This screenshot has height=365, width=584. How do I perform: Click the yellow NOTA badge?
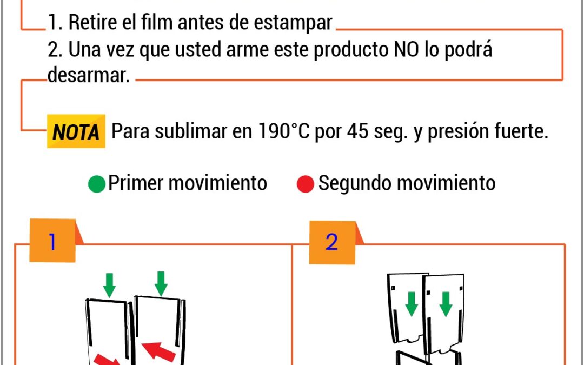point(76,131)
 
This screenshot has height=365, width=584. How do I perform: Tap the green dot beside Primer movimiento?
point(97,184)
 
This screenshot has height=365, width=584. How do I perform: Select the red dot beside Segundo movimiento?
point(306,184)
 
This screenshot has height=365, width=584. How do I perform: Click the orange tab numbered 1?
point(52,241)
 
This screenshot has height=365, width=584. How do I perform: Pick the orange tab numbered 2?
point(332,242)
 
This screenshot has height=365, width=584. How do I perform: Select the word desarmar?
point(89,75)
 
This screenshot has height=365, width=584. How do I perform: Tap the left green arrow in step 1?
point(109,286)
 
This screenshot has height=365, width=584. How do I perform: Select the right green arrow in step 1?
point(161,284)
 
